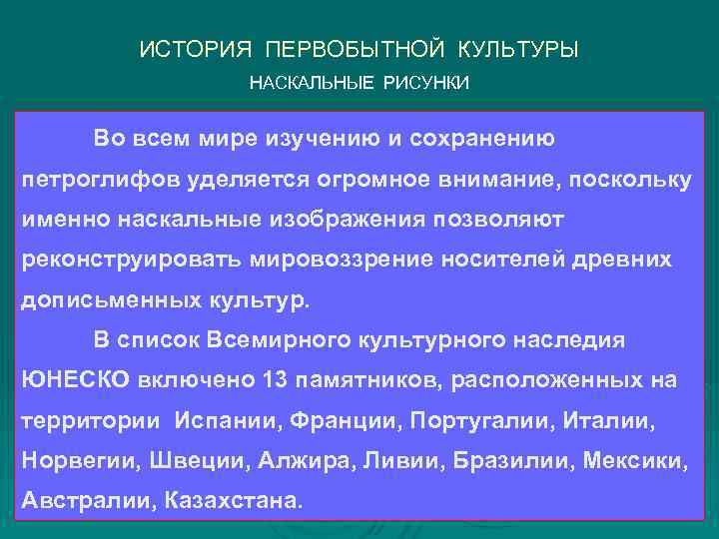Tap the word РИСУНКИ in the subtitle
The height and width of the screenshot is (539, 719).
(431, 82)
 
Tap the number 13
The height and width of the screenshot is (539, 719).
(276, 380)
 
